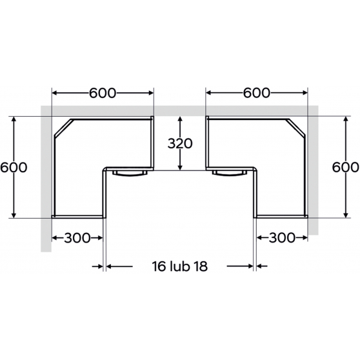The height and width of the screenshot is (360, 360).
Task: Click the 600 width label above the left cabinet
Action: point(103,93)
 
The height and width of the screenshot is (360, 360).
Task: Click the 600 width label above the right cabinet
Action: point(257,93)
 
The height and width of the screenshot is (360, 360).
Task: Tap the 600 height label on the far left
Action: point(14,167)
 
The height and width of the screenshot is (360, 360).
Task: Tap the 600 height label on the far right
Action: point(346,167)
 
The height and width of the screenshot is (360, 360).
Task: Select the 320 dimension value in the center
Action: point(180,144)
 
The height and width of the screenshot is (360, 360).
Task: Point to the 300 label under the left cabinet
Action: point(77,238)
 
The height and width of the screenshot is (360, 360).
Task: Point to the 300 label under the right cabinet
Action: point(282,238)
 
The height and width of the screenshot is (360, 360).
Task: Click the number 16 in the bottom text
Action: point(159,266)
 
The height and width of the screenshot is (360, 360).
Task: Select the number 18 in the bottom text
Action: point(201,266)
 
